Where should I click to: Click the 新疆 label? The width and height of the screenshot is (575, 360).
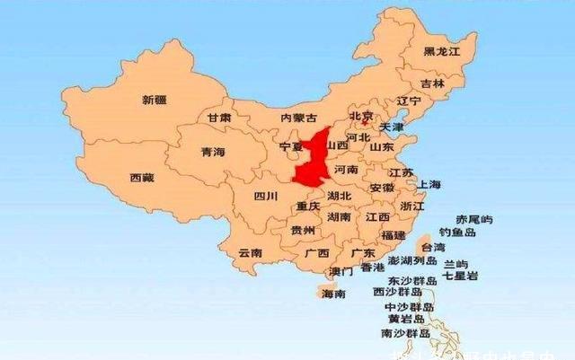[x=155, y=99]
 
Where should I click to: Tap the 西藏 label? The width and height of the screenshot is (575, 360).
[x=142, y=178]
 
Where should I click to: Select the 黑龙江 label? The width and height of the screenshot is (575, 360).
[x=441, y=52]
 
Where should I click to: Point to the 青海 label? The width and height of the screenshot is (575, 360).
[x=213, y=152]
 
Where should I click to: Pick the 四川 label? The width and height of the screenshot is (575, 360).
[x=265, y=196]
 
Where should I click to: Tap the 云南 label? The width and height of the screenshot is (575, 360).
[x=250, y=253]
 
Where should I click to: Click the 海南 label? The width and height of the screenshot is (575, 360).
[x=332, y=294]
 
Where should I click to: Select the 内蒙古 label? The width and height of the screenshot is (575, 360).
[x=298, y=118]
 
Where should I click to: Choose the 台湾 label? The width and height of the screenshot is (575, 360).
[x=432, y=247]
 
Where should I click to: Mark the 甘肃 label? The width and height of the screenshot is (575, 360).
[x=218, y=118]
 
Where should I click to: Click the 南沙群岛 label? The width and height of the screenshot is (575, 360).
[x=405, y=333]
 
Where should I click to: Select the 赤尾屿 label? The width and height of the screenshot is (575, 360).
[x=474, y=219]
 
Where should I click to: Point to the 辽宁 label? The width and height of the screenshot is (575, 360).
[x=409, y=101]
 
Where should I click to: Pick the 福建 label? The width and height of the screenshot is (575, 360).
[x=393, y=234]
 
